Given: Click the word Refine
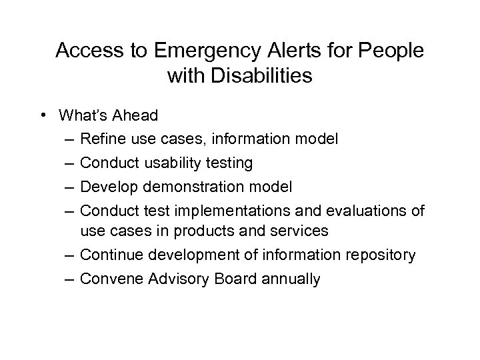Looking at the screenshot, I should pyautogui.click(x=101, y=139).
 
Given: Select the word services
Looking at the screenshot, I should pyautogui.click(x=297, y=231).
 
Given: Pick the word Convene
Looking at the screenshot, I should pyautogui.click(x=108, y=278).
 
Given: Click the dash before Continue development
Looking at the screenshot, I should pyautogui.click(x=71, y=255).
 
